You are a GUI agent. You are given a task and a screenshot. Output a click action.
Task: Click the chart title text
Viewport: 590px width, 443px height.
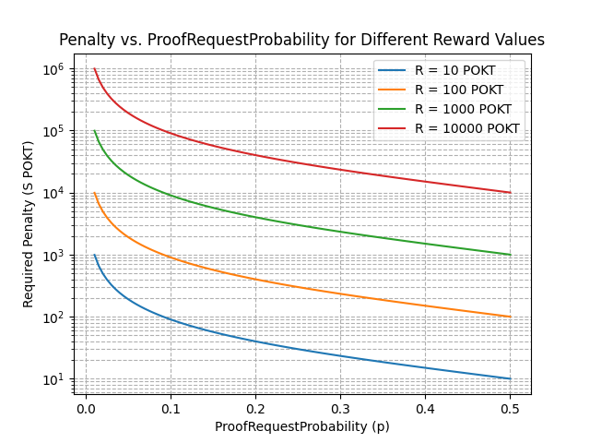pos(301,41)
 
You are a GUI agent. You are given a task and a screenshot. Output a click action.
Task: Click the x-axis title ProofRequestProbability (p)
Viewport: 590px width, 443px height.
pos(301,426)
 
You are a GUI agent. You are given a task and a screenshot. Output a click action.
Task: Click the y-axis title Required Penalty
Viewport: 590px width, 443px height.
pos(29,224)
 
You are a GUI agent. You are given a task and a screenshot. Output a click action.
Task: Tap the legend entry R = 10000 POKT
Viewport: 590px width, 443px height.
pos(466,128)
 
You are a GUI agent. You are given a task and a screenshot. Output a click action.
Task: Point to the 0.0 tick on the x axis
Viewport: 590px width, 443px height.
pos(86,406)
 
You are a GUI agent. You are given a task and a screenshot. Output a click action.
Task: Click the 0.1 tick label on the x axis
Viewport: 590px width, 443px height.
pos(171,406)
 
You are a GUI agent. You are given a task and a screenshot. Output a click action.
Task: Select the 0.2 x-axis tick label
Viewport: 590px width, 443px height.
pos(255,406)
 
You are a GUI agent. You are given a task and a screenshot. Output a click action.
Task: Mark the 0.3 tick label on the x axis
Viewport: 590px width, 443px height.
pos(340,406)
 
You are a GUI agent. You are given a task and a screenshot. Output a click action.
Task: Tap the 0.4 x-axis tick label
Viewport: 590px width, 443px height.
pos(425,406)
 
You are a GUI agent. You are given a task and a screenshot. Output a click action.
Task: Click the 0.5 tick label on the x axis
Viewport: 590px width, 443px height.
pos(510,406)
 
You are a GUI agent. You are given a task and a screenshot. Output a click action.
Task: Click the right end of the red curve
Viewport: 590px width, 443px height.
pos(510,193)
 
